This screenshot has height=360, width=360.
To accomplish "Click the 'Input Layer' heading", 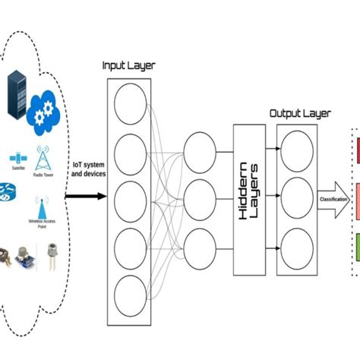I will [128, 65].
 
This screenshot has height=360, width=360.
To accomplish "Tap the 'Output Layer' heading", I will [301, 113].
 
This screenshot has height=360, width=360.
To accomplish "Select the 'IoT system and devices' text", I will [89, 169].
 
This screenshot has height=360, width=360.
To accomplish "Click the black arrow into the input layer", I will [85, 197].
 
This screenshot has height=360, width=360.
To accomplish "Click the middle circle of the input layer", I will [128, 195].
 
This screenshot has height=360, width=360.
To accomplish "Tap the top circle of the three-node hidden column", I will [199, 147].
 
